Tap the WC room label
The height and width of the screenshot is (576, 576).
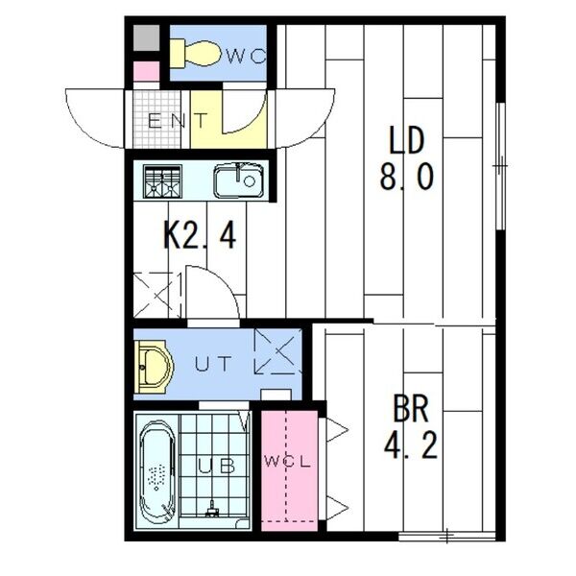pos(245,57)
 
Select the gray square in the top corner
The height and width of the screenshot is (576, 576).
pos(146,37)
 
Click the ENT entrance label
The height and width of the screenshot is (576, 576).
pos(178,121)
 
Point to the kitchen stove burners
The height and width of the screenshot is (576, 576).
pos(162,181)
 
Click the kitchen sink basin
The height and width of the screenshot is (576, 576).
pos(239,180)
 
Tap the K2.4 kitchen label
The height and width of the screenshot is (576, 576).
pos(199,235)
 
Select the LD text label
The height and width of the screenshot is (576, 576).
pos(406,140)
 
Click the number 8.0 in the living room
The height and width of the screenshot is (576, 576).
pos(406,177)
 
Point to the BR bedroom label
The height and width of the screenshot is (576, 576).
pos(411,409)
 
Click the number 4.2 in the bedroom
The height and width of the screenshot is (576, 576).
pos(411,444)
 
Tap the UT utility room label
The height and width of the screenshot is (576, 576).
pos(213,364)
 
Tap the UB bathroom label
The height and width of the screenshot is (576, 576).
pos(216,466)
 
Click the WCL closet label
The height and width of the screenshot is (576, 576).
pos(289,462)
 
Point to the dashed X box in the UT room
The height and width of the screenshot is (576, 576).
pos(278,351)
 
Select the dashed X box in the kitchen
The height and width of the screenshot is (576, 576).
pos(157,295)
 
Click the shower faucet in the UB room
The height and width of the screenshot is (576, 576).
pos(212,510)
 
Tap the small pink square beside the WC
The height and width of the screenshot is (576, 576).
pos(146,71)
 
